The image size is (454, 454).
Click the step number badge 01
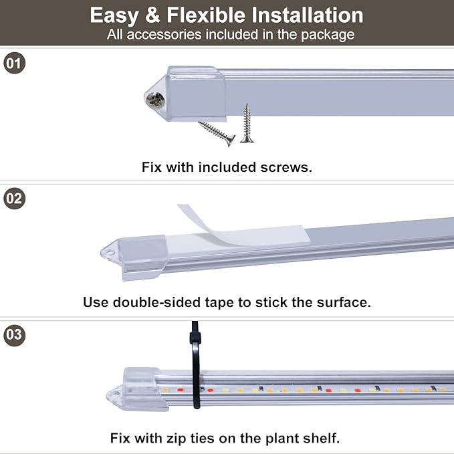[14, 64]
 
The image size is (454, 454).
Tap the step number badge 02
[14, 199]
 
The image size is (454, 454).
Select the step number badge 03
[14, 334]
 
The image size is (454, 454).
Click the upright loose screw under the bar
[247, 124]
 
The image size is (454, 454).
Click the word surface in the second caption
[342, 302]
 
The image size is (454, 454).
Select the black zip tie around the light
[195, 366]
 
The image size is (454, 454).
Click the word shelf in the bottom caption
[322, 439]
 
